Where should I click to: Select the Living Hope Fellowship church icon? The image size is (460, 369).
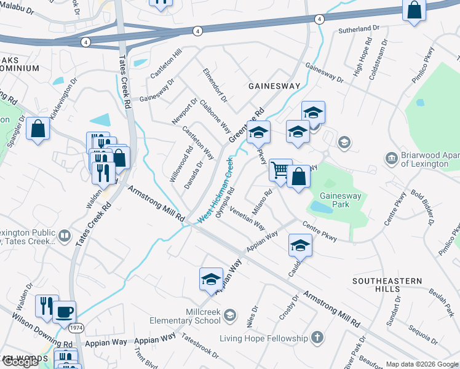pyautogui.click(x=317, y=337)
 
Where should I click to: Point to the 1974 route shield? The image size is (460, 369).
pyautogui.click(x=76, y=328)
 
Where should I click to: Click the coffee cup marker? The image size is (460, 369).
pyautogui.click(x=64, y=312)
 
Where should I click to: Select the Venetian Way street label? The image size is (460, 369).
pyautogui.click(x=247, y=218)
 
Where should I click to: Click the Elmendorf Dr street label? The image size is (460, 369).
pyautogui.click(x=215, y=85)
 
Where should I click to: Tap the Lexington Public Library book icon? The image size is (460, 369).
pyautogui.click(x=64, y=236)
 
